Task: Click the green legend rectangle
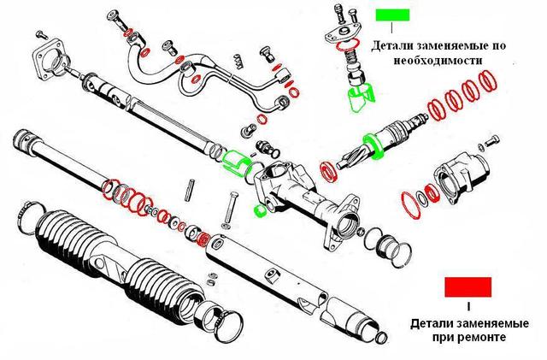pos(392,15)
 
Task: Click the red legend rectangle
pos(468,286)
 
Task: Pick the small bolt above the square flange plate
pos(38,35)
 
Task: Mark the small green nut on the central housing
pos(257,208)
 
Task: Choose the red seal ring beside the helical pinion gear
pos(327,170)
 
